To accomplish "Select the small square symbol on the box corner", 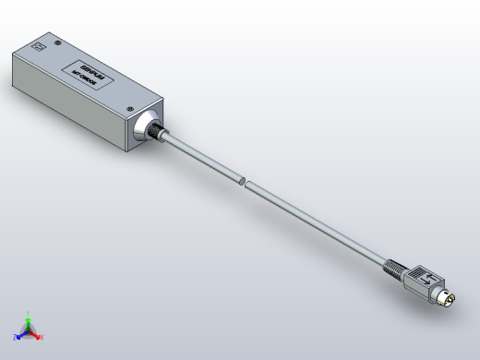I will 38,44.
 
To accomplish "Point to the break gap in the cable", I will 244,182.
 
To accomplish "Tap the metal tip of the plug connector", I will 450,300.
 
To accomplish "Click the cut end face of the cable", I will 242,181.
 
